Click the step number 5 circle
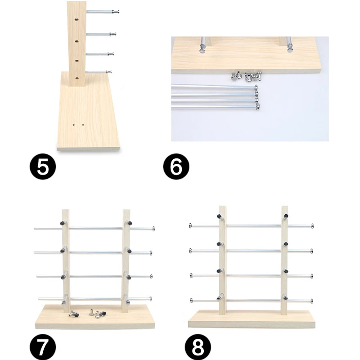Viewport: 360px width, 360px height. pos(43,166)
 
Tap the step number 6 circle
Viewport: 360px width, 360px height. pos(176,166)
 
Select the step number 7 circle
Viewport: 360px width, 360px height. pos(43,346)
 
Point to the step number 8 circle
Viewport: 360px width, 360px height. pos(198,346)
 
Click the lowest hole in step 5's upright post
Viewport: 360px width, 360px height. pos(77,78)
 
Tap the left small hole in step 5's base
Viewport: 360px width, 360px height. pos(74,125)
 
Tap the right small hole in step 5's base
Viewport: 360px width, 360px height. pos(83,125)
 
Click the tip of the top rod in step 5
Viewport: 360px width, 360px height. pos(118,12)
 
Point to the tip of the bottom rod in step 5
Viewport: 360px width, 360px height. pos(111,72)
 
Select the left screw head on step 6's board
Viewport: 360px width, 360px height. pos(202,49)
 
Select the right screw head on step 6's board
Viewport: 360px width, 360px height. pos(290,49)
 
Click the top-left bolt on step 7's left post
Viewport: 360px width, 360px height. pos(63,223)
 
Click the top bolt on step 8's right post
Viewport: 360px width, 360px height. pos(286,216)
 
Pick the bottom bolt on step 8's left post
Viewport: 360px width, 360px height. pos(219,298)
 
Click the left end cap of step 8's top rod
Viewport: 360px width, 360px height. pos(190,226)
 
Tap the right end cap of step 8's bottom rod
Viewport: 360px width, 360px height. pos(312,301)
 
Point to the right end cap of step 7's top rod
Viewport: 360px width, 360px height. pos(153,229)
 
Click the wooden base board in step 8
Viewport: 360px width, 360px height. pos(252,319)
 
